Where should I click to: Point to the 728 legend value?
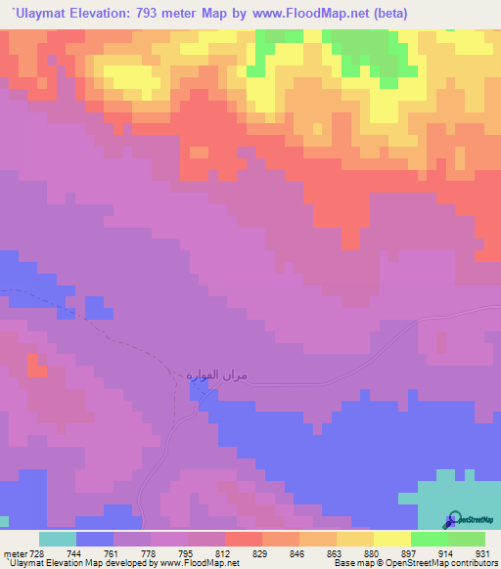(37, 552)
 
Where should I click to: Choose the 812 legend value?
(224, 552)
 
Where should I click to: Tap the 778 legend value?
(150, 552)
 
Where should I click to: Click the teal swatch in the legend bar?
(57, 539)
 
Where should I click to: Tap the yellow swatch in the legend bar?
(391, 539)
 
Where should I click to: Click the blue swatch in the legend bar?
(95, 539)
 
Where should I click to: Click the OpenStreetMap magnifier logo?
(453, 521)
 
